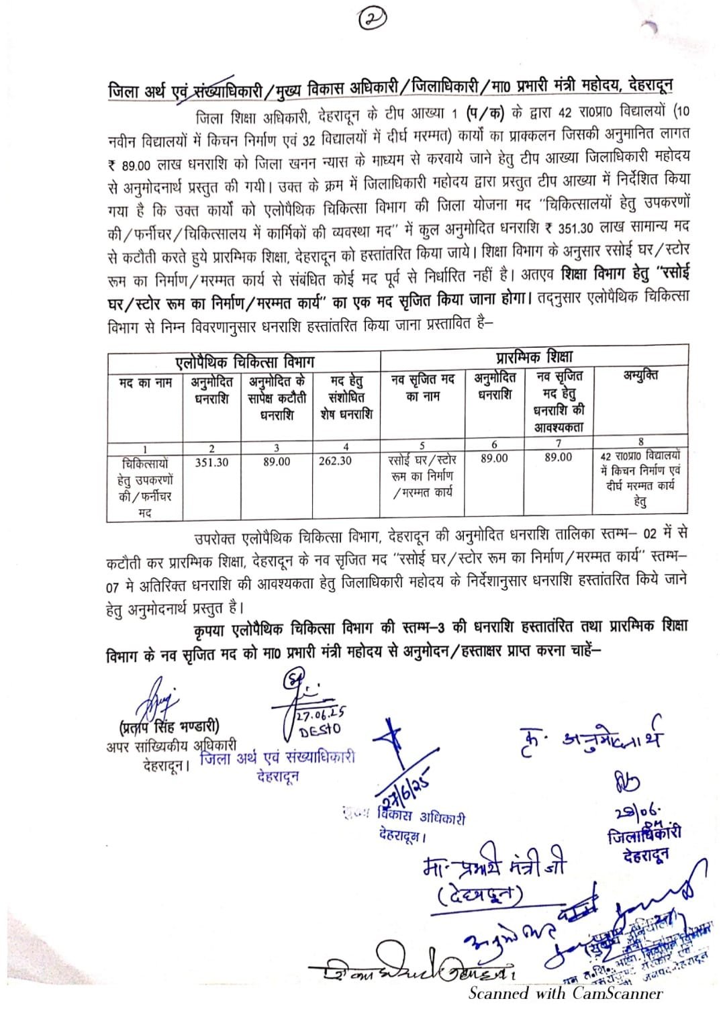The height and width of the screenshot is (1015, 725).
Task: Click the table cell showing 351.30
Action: click(x=211, y=462)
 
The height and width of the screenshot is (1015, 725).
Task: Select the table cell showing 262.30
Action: click(x=335, y=461)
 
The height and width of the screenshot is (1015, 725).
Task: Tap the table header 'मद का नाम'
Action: click(x=145, y=383)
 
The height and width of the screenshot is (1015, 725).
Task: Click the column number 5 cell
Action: click(x=422, y=444)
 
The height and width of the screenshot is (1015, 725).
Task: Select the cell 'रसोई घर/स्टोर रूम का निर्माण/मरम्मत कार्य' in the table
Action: click(x=422, y=476)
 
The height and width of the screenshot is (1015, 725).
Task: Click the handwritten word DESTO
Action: click(x=320, y=729)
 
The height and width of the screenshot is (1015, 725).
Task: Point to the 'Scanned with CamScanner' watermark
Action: click(x=565, y=994)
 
